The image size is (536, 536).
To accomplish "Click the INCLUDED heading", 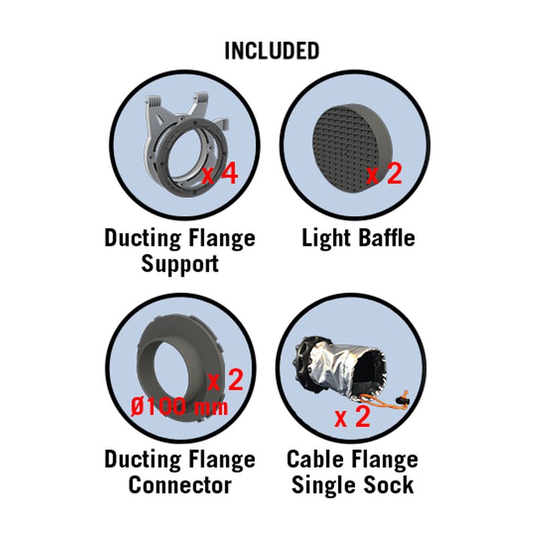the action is point(272,51).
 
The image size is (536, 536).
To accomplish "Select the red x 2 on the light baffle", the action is point(384,174).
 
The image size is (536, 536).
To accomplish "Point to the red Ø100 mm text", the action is point(179,407).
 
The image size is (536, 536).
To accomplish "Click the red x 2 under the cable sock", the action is point(352,416).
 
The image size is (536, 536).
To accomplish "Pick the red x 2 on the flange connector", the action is point(225,380).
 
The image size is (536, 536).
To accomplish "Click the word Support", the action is point(180,265).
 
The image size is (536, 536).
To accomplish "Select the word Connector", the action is point(180,484).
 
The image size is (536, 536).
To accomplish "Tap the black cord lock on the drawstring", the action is point(401,401).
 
